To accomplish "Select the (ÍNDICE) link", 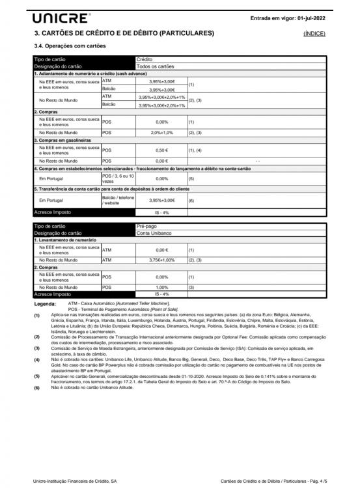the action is pyautogui.click(x=314, y=33).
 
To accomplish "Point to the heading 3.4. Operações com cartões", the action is pyautogui.click(x=70, y=46).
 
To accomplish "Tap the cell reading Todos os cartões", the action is pyautogui.click(x=156, y=66).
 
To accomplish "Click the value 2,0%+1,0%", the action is pyautogui.click(x=162, y=132).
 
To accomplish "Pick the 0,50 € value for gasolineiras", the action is pyautogui.click(x=162, y=150).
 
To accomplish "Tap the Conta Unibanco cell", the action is pyautogui.click(x=154, y=233).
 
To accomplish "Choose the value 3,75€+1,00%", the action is pyautogui.click(x=162, y=260).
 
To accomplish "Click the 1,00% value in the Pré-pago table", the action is pyautogui.click(x=162, y=287).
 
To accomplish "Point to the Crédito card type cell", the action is pyautogui.click(x=145, y=59).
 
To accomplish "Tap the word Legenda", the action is pyautogui.click(x=45, y=303).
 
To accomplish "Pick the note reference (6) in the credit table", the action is pyautogui.click(x=191, y=200).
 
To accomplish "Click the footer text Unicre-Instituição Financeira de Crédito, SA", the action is pyautogui.click(x=75, y=481).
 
